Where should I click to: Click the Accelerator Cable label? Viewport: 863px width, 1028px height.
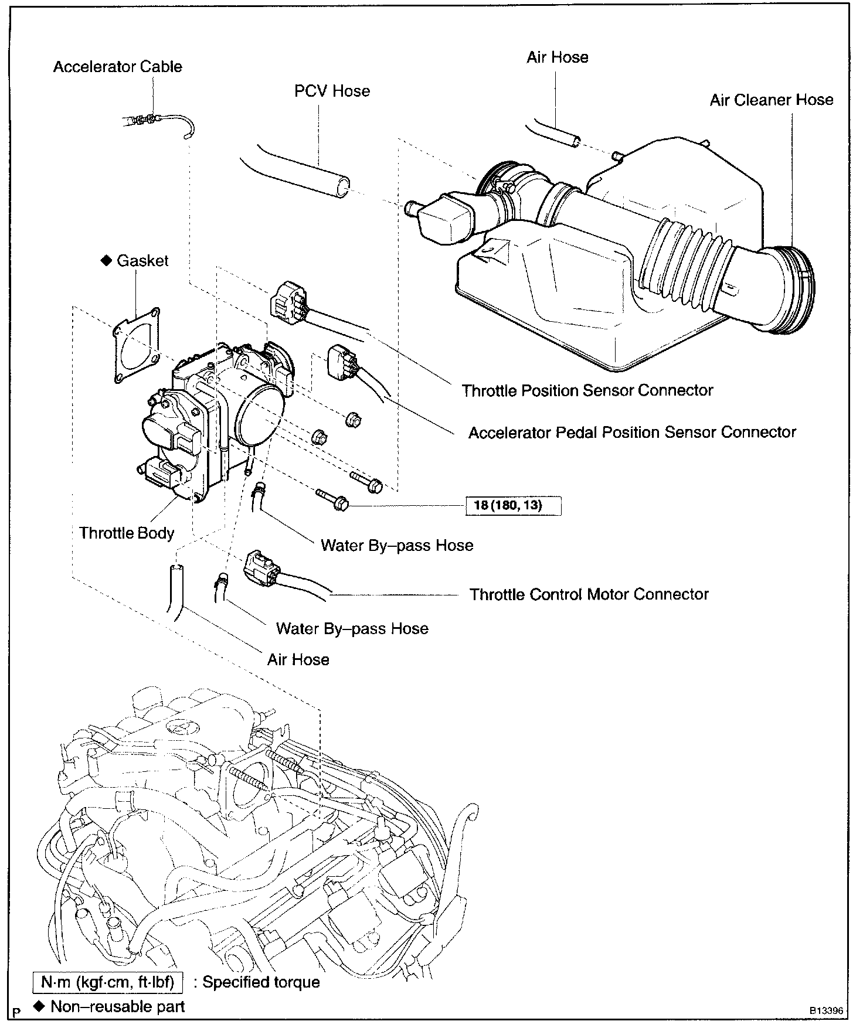(117, 67)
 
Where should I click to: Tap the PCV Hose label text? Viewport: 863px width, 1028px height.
(332, 91)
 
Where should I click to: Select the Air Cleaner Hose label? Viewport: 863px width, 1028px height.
(771, 100)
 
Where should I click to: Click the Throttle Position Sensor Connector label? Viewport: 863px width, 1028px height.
(587, 390)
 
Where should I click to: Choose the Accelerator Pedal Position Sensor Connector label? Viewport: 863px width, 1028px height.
(632, 433)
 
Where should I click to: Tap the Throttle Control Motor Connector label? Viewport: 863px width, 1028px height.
(589, 594)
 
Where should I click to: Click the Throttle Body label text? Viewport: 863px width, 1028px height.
(127, 533)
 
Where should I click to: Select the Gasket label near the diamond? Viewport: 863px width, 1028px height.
(142, 261)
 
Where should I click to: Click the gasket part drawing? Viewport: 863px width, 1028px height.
(136, 345)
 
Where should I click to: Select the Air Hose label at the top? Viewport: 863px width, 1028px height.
(557, 57)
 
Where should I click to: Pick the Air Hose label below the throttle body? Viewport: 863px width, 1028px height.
(298, 660)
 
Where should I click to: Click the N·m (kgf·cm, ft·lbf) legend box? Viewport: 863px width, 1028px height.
(108, 982)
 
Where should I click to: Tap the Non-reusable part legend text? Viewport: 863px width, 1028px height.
(117, 1007)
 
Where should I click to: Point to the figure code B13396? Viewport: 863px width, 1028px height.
(826, 1011)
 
